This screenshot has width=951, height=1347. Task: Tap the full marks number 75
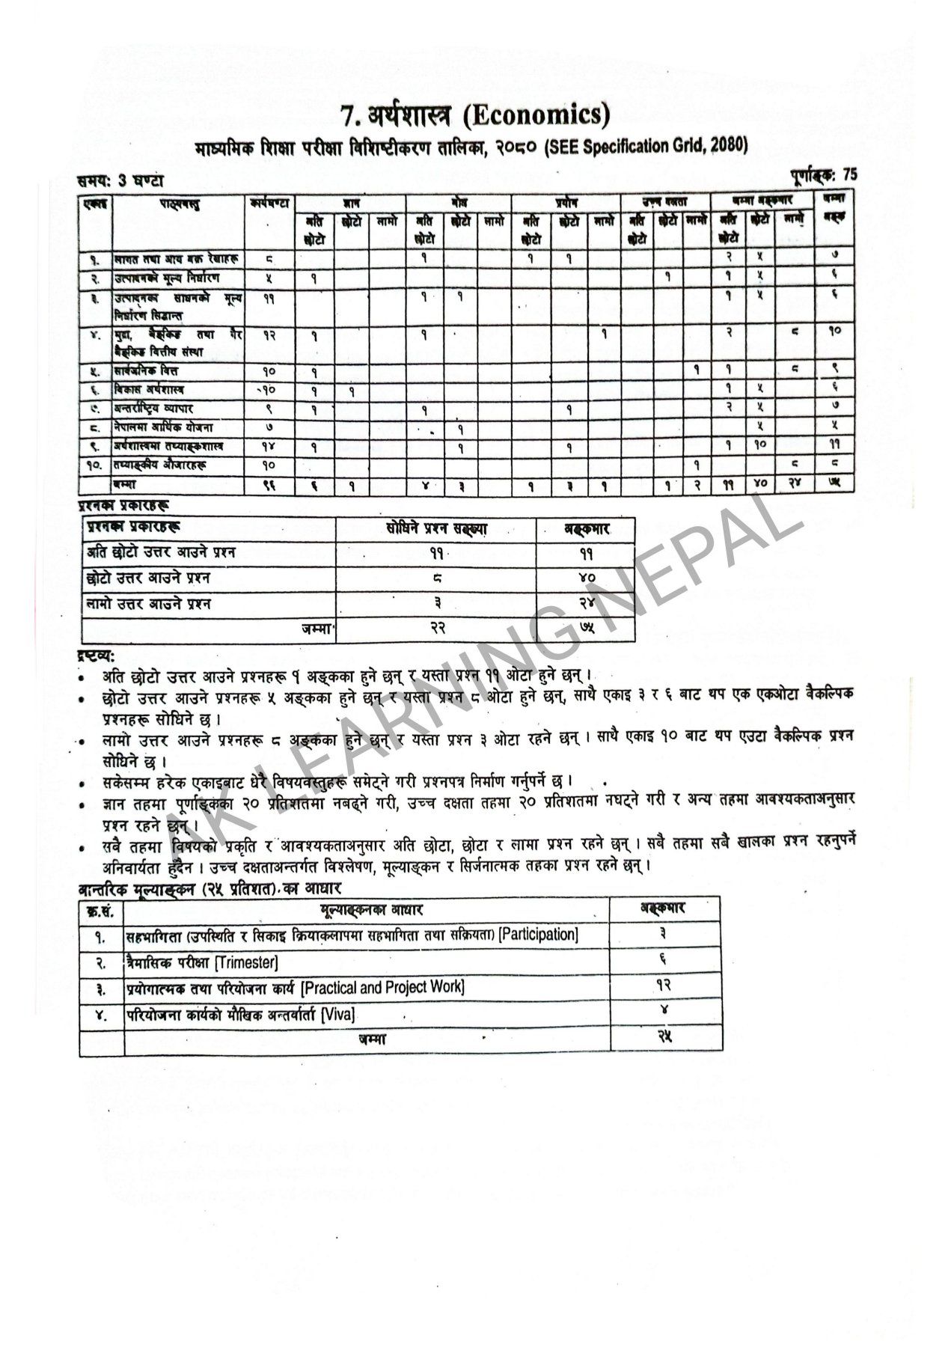click(849, 175)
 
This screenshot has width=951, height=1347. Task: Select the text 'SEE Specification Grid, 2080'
click(646, 146)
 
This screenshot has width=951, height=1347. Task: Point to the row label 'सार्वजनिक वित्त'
click(147, 370)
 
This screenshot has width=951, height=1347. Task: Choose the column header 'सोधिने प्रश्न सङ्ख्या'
click(435, 528)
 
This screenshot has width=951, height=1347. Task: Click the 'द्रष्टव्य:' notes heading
click(96, 656)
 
